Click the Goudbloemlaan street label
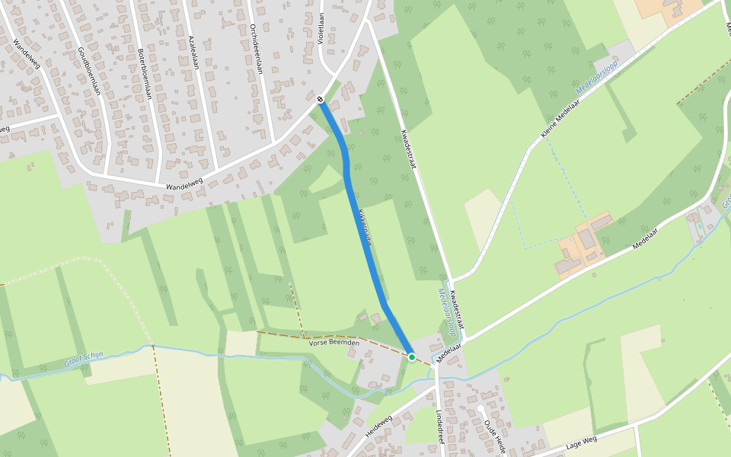[x=89, y=71]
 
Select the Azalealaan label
[x=193, y=52]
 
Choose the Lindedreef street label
[x=440, y=427]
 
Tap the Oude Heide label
[x=494, y=430]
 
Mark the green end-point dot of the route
[x=412, y=356]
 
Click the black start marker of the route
[x=321, y=99]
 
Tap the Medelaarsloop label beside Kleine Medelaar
[x=596, y=82]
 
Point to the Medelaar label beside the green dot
[x=449, y=347]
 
